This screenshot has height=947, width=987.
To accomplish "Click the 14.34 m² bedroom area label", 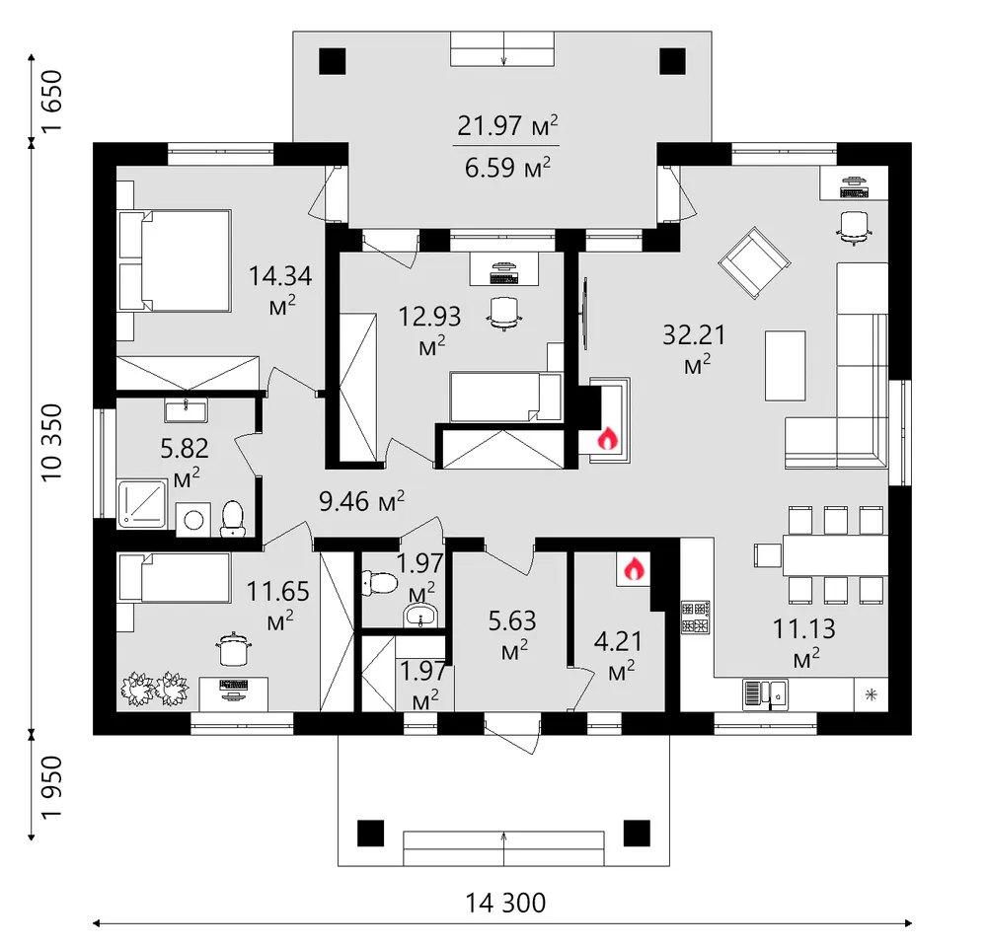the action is [280, 289].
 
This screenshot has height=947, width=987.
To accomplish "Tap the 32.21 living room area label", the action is [694, 348].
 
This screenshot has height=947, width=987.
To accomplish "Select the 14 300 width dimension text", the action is [505, 903].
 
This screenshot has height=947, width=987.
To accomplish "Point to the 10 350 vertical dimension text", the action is [53, 443].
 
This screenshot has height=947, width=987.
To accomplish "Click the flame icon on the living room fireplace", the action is [607, 438].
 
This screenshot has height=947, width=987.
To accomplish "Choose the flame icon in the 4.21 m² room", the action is [634, 569].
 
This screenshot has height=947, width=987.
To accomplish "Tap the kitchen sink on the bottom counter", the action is [765, 694].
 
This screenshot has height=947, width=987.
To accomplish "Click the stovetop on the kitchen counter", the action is [696, 617].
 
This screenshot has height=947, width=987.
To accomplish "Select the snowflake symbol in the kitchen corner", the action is [872, 694].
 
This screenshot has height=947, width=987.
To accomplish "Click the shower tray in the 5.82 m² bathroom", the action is [141, 504].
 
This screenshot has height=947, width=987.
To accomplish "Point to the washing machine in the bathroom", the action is [193, 520].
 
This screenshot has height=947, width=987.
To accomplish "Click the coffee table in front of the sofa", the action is [785, 366].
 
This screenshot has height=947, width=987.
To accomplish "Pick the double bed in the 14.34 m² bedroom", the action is [175, 260].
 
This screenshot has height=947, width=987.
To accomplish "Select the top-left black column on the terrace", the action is [333, 61].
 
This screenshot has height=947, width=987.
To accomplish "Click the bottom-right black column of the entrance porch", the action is [637, 834].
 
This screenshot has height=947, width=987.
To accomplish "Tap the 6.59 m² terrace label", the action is [507, 168].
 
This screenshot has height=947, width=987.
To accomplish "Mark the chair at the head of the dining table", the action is [768, 555].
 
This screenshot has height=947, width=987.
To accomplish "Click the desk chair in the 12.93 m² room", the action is [503, 313].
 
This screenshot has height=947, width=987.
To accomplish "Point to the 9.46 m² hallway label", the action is [361, 501].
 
